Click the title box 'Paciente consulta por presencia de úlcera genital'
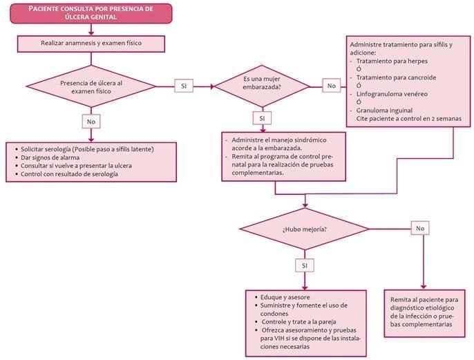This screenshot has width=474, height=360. [91, 12]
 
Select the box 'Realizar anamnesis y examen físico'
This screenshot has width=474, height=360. [91, 44]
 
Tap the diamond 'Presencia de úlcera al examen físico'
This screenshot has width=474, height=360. [91, 86]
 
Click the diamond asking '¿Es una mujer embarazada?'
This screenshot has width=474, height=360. [261, 86]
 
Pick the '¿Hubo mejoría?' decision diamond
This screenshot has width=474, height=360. [305, 228]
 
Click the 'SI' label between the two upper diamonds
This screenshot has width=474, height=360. [184, 86]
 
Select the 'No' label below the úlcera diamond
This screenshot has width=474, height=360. [91, 121]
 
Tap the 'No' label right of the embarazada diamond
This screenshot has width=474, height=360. [332, 86]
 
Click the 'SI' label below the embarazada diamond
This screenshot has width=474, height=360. [261, 118]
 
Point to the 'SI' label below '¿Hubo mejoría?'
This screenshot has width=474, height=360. [305, 265]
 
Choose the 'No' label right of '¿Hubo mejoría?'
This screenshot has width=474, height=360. [419, 228]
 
